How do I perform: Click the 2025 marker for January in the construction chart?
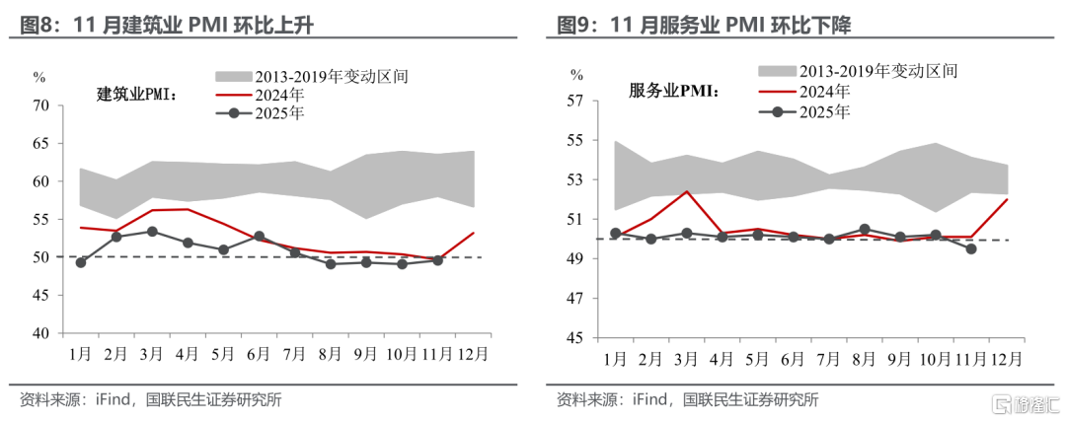tap(81, 262)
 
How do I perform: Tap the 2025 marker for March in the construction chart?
tap(152, 232)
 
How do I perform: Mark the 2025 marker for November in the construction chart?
tap(436, 260)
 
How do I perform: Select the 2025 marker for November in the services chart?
tap(972, 248)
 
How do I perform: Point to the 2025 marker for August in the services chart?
tap(865, 229)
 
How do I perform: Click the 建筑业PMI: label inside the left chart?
tap(136, 95)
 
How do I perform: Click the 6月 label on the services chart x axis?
tap(791, 359)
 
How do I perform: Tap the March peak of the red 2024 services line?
tap(686, 191)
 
